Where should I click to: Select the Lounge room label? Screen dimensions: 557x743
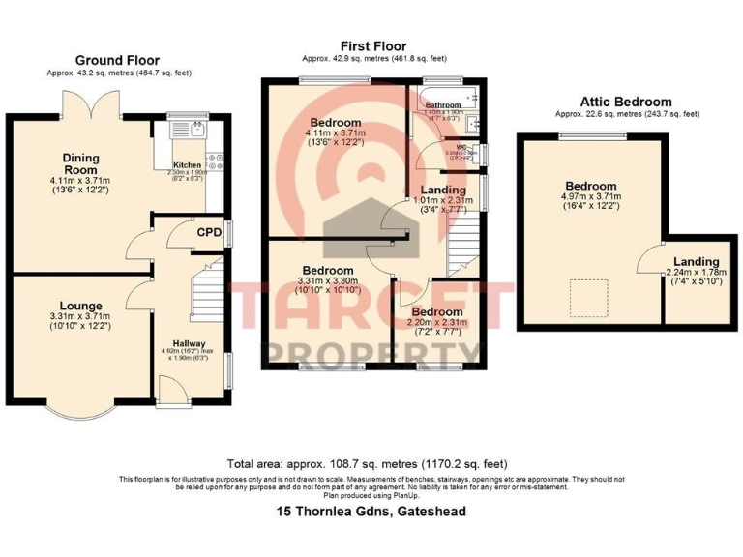pos(80,306)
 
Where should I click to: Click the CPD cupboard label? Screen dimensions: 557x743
pos(209,232)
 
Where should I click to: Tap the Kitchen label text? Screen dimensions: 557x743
pos(188,164)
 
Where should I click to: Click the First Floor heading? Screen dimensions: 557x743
pos(373,45)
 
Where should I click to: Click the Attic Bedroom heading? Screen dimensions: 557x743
pos(625,102)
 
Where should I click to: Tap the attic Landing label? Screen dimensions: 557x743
pos(697,261)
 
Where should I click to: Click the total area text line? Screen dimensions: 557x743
pos(367,463)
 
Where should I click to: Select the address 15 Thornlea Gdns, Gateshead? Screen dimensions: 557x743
pos(371,511)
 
